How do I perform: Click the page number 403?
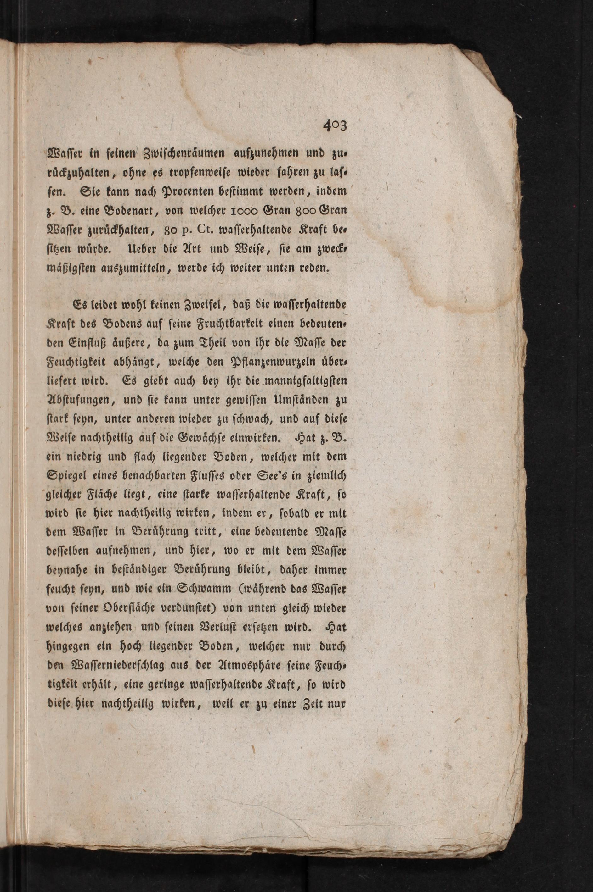pyautogui.click(x=335, y=125)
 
